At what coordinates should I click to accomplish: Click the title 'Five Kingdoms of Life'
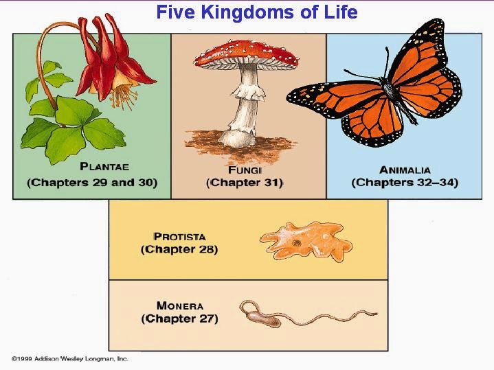click(x=256, y=12)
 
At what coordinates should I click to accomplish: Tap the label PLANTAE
click(x=104, y=166)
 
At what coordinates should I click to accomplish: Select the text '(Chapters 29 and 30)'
click(x=92, y=183)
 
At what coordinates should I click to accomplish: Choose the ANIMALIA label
click(x=405, y=169)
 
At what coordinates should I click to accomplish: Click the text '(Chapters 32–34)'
click(x=405, y=183)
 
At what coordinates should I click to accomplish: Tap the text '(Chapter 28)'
click(x=179, y=250)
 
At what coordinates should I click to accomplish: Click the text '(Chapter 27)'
click(x=179, y=319)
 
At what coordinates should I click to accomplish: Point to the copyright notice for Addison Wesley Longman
click(x=70, y=358)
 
